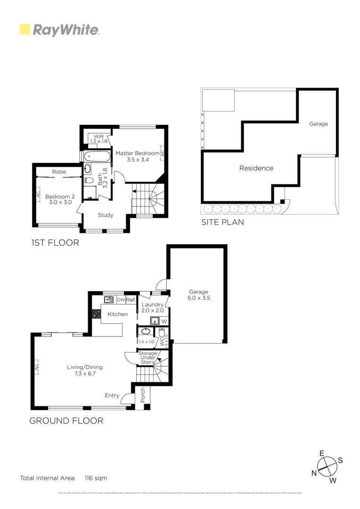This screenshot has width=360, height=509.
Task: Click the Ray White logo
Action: click(x=59, y=30)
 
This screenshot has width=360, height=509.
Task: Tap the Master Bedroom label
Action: click(x=137, y=156)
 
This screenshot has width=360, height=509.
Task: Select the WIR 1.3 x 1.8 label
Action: click(x=99, y=139)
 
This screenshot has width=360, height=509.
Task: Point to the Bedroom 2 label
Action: click(x=60, y=200)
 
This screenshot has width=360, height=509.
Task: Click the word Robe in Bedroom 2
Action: click(x=59, y=172)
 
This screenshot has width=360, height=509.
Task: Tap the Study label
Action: click(x=106, y=215)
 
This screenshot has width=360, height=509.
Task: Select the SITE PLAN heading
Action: click(x=223, y=222)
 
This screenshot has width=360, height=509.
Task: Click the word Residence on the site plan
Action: click(x=256, y=168)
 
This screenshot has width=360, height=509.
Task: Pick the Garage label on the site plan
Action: click(x=319, y=124)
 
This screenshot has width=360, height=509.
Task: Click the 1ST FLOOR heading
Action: click(x=55, y=243)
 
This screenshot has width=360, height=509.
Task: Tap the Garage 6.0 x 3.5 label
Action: click(x=198, y=295)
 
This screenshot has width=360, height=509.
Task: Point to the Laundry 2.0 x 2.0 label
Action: click(x=153, y=308)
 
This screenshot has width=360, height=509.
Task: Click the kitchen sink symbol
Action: click(x=109, y=299)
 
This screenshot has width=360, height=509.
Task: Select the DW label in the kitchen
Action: click(x=121, y=300)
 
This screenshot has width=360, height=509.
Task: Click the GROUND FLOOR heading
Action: click(x=66, y=421)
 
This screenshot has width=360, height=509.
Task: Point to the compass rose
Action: click(x=327, y=467)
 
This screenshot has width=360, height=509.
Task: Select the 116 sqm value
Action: click(x=96, y=478)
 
